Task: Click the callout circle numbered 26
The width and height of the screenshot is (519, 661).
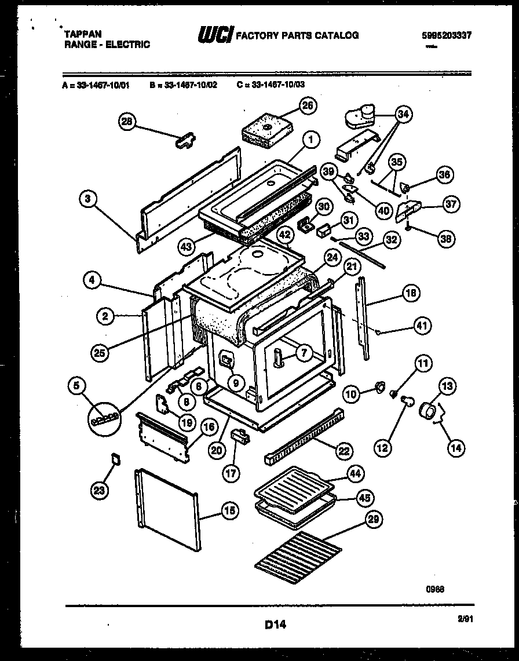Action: [x=307, y=105]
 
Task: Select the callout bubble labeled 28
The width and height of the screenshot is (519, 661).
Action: [x=127, y=121]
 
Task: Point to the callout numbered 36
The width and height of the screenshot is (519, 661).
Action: [x=444, y=174]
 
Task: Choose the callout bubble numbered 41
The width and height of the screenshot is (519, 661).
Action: [x=422, y=326]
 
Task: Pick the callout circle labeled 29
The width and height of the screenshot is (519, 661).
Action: [x=374, y=520]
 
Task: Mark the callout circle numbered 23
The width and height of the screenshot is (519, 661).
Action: [x=100, y=491]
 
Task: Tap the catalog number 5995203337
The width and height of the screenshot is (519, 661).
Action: [x=446, y=35]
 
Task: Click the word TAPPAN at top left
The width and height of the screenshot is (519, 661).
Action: [x=81, y=35]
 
